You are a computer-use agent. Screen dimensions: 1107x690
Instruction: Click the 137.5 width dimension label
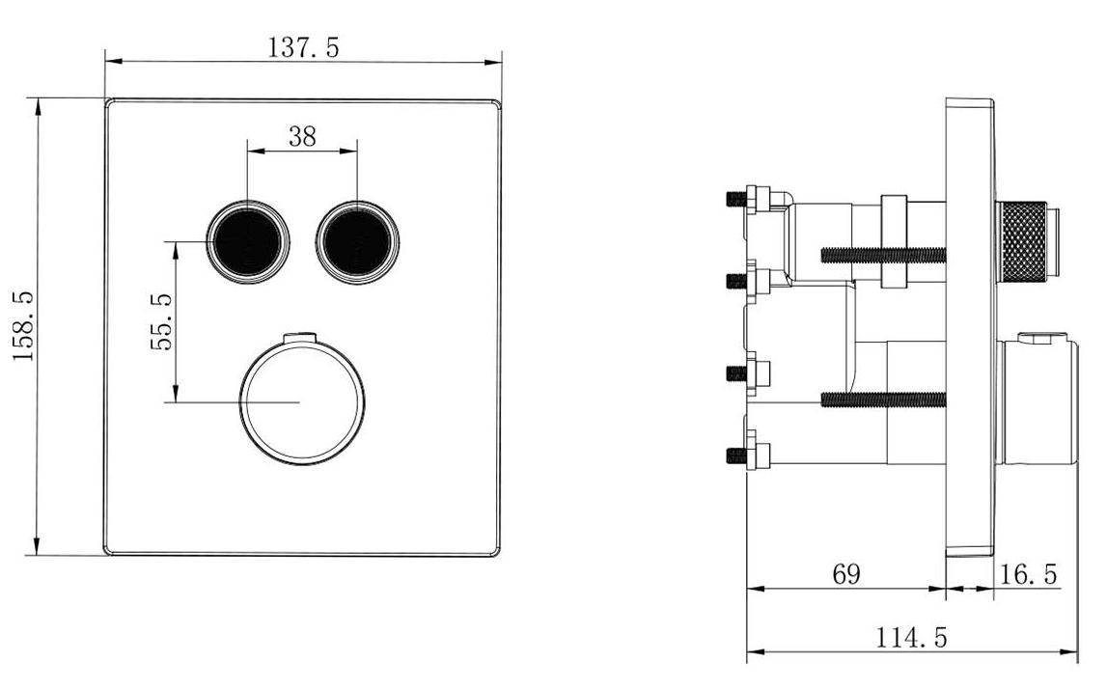[x=304, y=47]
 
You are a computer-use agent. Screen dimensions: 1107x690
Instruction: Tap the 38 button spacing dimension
[x=302, y=136]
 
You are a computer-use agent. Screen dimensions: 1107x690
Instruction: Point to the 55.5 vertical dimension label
[x=161, y=322]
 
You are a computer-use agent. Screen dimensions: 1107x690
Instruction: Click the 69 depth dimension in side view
[x=846, y=573]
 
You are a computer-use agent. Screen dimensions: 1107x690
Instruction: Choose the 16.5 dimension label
[x=1029, y=574]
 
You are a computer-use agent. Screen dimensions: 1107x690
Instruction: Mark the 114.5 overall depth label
[x=911, y=638]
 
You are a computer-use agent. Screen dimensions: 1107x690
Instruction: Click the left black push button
[x=248, y=242]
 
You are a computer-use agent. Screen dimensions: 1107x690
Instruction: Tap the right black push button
[x=358, y=242]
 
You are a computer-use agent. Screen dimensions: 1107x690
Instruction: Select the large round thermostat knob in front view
[x=302, y=401]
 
